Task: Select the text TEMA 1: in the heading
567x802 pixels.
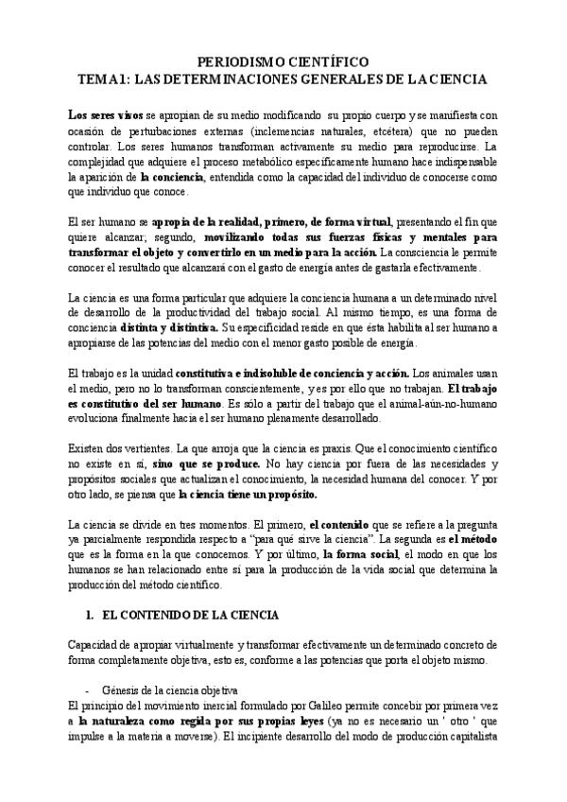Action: (x=105, y=78)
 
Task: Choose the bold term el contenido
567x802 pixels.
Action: (x=344, y=526)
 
